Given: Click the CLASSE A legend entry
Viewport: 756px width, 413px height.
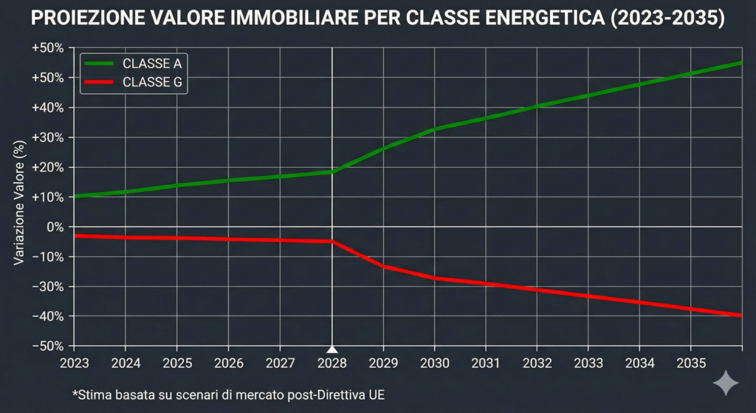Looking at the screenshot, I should [133, 64].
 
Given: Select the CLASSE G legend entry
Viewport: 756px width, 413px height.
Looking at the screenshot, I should [133, 82].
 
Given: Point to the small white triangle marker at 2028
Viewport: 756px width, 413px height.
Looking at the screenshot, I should [332, 349].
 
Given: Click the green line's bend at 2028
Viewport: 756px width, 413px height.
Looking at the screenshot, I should [332, 171].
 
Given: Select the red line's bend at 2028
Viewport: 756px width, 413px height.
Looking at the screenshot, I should [332, 242].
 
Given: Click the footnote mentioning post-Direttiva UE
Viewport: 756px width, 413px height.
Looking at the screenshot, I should [229, 395].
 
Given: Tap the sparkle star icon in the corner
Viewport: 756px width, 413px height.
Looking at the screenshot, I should [725, 384].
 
